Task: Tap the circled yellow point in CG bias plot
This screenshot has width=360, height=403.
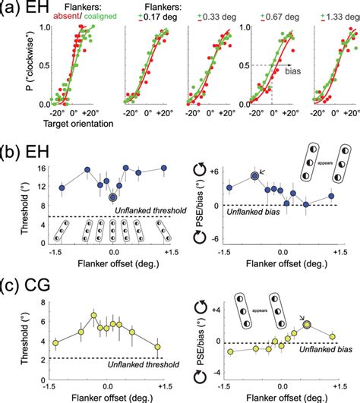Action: [x=307, y=324]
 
